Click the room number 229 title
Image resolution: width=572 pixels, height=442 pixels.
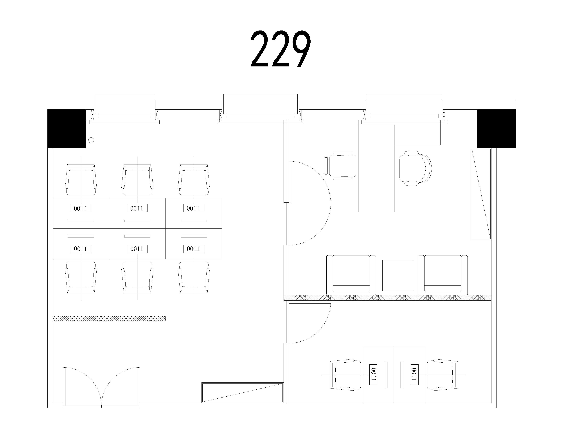(281, 49)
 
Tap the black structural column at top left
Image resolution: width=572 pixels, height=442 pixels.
(67, 128)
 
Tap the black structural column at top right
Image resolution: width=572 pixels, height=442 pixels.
(496, 128)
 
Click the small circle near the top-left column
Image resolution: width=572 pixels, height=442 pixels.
(91, 140)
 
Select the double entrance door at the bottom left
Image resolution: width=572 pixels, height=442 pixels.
(101, 387)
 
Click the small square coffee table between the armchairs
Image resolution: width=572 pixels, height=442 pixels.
(398, 275)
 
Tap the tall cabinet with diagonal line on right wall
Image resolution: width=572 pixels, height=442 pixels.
(481, 194)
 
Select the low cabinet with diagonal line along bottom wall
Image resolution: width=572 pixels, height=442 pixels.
(242, 392)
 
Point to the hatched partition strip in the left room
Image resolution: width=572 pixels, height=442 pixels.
(109, 318)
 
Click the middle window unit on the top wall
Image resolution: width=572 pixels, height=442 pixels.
(260, 108)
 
